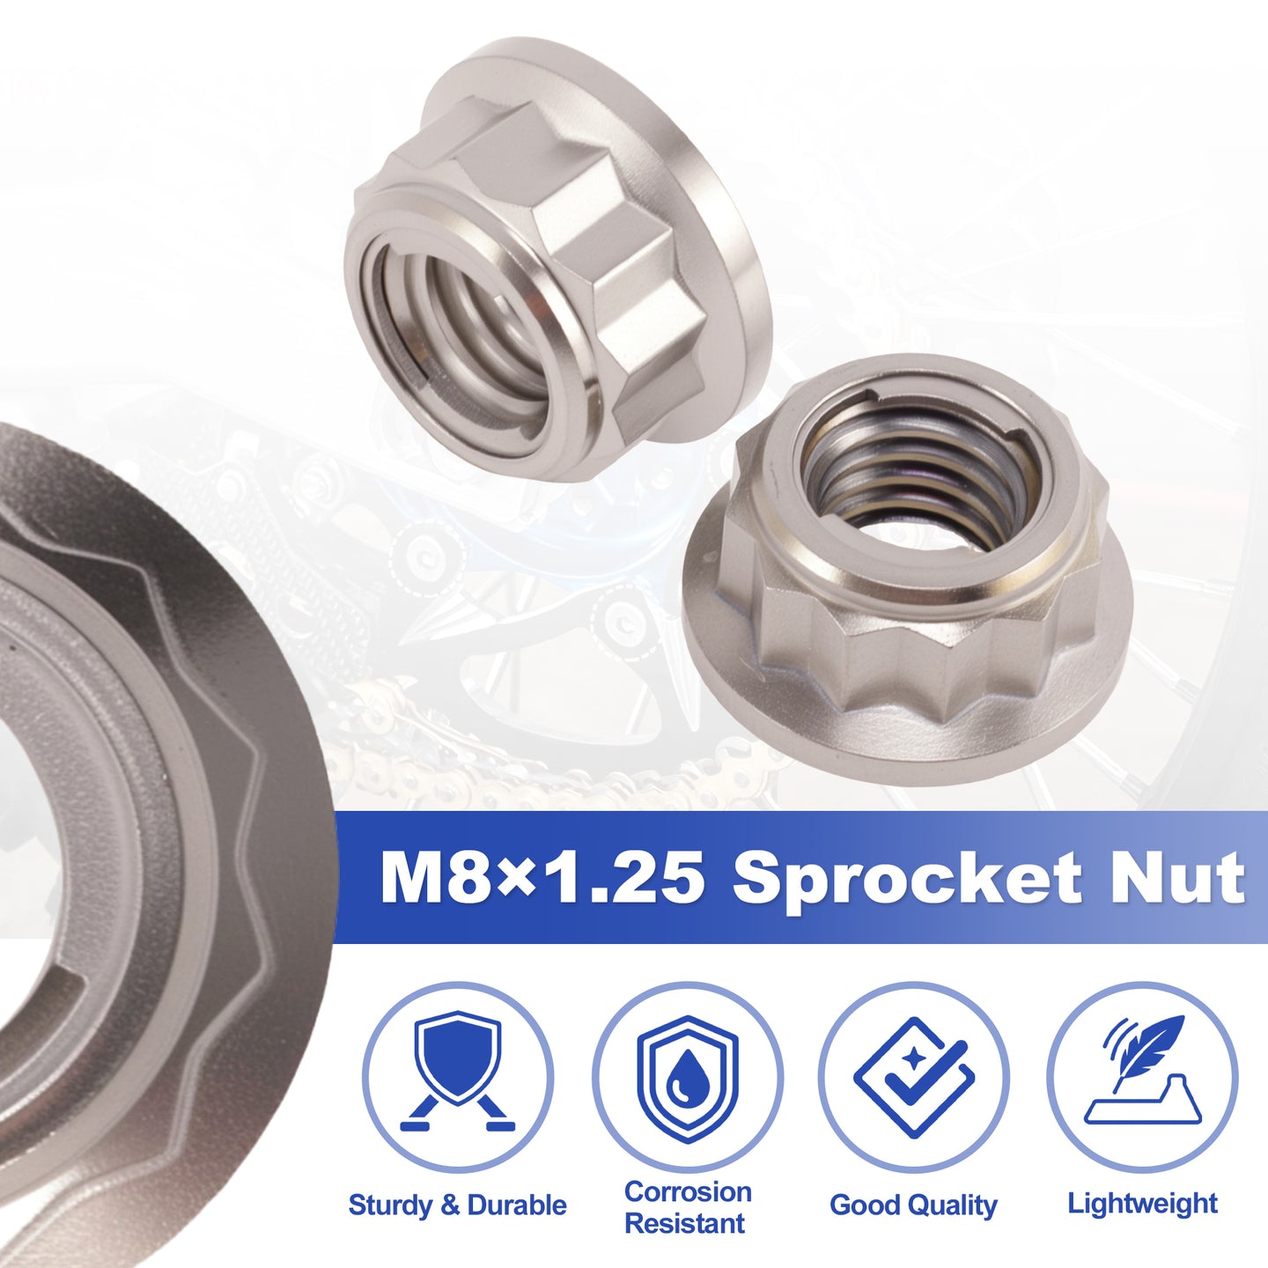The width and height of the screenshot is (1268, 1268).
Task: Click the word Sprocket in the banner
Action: pos(906,878)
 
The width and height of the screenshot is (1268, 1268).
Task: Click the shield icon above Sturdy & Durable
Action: pos(458,1079)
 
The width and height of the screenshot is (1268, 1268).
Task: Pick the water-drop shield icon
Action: pos(687,1080)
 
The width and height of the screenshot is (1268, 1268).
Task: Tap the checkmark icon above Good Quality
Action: pos(914,1080)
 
